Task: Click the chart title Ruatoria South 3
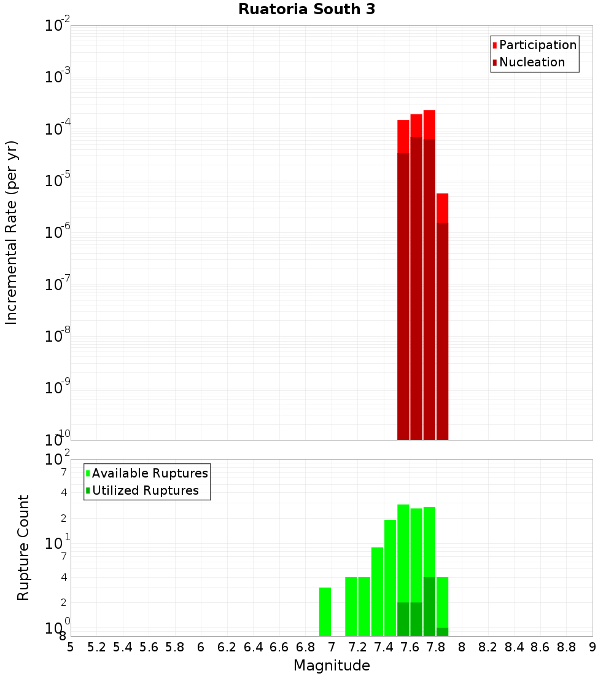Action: [306, 10]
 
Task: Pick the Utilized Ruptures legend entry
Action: [145, 490]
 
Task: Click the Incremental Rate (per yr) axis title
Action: [12, 232]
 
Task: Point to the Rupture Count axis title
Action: [23, 548]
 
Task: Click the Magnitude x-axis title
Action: [332, 666]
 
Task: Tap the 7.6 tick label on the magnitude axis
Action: [410, 647]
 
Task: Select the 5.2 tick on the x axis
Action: [96, 647]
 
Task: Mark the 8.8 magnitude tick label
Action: [566, 647]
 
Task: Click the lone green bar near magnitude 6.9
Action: [325, 611]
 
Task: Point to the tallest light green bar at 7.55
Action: [403, 553]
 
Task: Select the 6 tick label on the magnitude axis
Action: [201, 647]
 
